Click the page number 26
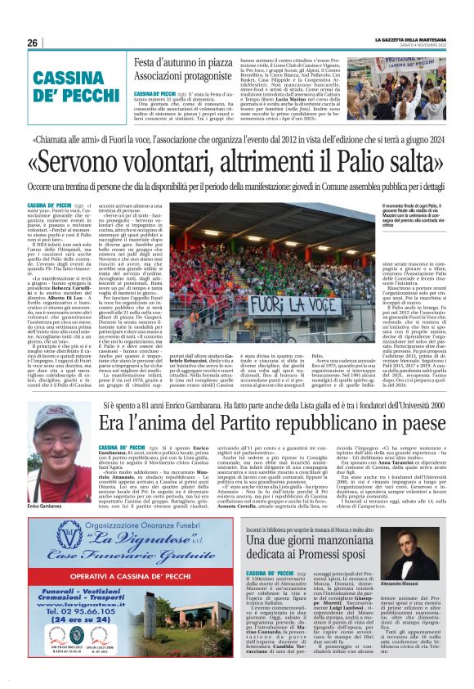click(x=33, y=43)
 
